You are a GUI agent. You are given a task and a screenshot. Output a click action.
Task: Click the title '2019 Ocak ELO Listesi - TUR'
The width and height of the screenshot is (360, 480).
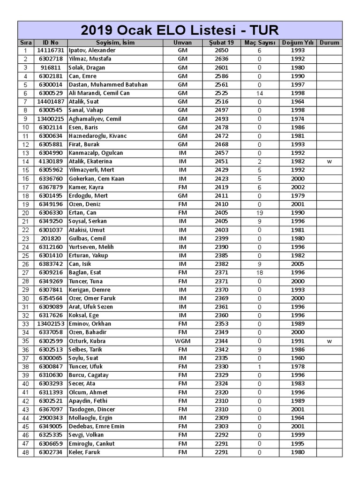click(x=180, y=30)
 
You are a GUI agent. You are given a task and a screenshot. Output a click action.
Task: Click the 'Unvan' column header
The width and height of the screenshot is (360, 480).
click(x=182, y=42)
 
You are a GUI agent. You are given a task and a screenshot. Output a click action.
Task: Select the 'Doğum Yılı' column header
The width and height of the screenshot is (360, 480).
click(x=297, y=42)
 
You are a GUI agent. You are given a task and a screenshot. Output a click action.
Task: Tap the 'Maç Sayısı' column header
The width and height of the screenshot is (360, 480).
click(x=259, y=42)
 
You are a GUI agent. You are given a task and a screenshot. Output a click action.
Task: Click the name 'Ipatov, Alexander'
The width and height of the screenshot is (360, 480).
click(x=92, y=50)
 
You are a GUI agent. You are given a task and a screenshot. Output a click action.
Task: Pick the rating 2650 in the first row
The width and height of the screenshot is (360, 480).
click(x=221, y=50)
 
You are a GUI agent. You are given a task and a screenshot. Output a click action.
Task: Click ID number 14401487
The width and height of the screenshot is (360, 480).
click(x=51, y=101)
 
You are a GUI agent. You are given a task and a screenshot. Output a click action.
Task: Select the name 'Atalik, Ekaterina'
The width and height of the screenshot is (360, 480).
click(x=90, y=161)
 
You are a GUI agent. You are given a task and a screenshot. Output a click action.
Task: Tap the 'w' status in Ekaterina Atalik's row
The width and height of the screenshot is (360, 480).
click(x=329, y=161)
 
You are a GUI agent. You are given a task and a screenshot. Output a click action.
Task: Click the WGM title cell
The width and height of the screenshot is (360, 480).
click(x=182, y=341)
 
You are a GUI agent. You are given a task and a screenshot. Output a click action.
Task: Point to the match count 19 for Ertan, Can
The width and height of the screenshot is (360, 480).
click(x=259, y=212)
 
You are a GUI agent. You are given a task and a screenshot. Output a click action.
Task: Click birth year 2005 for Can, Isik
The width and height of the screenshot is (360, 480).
click(x=297, y=264)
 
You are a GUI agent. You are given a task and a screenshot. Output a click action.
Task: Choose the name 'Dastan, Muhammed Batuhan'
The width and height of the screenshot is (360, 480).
click(x=108, y=84)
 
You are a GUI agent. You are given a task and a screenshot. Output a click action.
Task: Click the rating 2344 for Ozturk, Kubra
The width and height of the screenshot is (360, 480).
click(x=221, y=341)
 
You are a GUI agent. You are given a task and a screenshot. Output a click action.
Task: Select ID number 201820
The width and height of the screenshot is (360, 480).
click(x=51, y=238)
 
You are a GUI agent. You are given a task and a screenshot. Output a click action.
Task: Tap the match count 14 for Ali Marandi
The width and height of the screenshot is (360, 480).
click(x=259, y=93)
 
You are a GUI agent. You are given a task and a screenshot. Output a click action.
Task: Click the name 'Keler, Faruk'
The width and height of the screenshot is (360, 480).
click(x=84, y=452)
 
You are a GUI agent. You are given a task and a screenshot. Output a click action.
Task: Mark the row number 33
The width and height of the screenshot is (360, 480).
click(x=25, y=324)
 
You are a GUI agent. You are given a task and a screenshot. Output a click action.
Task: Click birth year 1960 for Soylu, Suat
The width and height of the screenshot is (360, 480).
click(x=297, y=358)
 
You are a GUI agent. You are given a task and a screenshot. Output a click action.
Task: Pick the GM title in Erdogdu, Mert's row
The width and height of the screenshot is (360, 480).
click(x=182, y=195)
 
